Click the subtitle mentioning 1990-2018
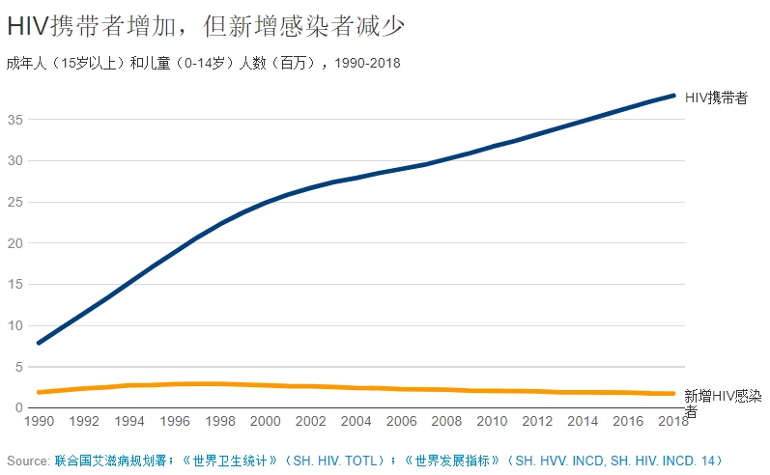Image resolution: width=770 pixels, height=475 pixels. click(203, 64)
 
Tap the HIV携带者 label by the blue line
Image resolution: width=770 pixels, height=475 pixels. click(716, 98)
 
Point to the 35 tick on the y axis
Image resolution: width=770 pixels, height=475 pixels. click(15, 120)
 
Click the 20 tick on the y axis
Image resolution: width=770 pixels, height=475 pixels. click(15, 243)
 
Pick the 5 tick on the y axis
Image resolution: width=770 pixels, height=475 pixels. click(19, 367)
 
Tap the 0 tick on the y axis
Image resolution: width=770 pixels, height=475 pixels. click(19, 407)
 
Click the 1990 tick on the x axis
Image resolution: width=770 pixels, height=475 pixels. click(39, 422)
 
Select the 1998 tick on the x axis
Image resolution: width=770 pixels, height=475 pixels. click(220, 422)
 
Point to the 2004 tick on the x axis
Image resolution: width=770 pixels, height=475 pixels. click(356, 422)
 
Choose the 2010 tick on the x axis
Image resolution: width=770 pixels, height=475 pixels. click(493, 422)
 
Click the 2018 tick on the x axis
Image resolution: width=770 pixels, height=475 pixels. click(673, 422)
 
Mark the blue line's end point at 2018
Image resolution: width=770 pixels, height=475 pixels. click(673, 96)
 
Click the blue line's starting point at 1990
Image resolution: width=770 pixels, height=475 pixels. click(39, 343)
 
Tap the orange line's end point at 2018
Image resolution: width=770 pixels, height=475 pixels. click(673, 393)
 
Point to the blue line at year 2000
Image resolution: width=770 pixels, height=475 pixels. click(266, 203)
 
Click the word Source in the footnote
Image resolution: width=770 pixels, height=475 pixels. click(27, 461)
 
